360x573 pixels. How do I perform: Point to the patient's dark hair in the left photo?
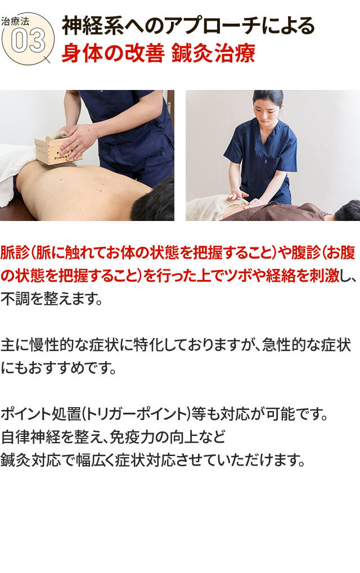pos(154,203)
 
